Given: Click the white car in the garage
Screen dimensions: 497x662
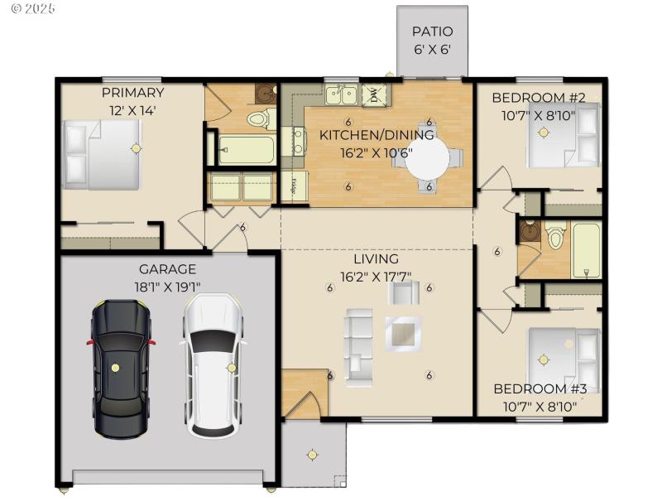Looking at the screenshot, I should (213, 364).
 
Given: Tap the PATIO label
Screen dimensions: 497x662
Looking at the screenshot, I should (432, 32).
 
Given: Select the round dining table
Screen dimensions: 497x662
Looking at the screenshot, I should (428, 158).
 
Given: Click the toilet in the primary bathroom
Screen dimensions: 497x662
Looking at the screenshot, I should (259, 121).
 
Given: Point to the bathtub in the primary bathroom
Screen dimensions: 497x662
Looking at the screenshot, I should (246, 150).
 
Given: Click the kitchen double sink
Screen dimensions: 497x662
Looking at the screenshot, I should (340, 95).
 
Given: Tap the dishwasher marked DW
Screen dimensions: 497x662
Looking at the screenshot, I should (374, 95).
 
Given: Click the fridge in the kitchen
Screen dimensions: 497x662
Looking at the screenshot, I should (294, 186).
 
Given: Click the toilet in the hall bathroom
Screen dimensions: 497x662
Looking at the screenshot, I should (554, 239).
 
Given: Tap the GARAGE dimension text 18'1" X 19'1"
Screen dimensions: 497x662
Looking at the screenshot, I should (167, 286).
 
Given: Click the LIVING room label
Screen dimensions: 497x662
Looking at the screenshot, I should (377, 259).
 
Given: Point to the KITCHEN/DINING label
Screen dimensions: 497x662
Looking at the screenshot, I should (377, 135).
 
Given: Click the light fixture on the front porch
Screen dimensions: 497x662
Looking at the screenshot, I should (312, 454).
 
